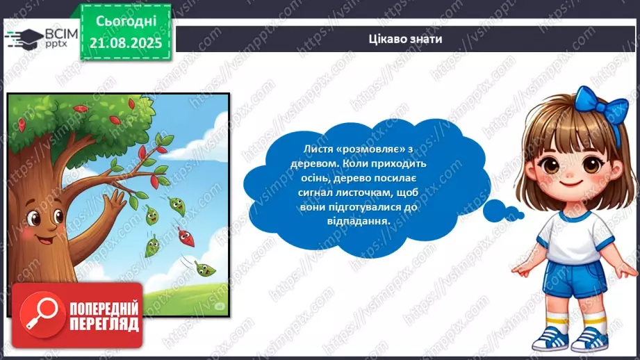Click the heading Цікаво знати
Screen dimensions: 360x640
click(406, 39)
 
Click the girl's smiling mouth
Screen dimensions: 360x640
click(571, 183)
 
